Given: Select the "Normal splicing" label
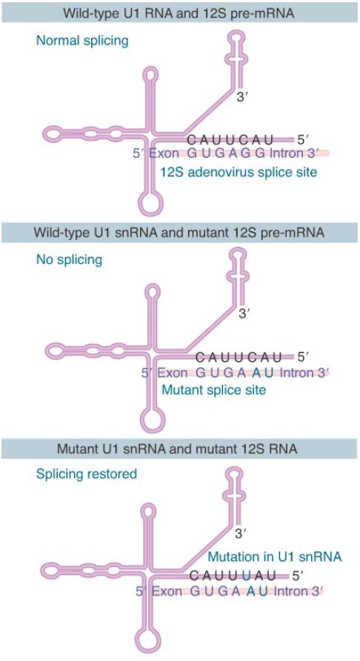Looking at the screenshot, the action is tap(81, 41).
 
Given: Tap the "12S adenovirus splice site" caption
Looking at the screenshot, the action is tap(239, 172).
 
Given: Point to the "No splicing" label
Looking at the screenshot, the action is tap(69, 259).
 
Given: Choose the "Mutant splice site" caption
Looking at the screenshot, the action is tap(214, 389).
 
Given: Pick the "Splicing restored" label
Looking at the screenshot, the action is tap(87, 474).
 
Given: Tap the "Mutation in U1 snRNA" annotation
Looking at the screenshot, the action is tap(274, 557).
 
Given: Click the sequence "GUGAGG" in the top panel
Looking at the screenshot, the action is tap(226, 153).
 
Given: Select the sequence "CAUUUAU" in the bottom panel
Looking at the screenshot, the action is tap(233, 575).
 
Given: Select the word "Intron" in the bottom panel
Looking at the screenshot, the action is tap(290, 591).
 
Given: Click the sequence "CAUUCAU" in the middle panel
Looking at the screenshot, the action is tap(239, 357).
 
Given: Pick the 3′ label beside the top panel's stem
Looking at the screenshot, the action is tap(242, 98).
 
